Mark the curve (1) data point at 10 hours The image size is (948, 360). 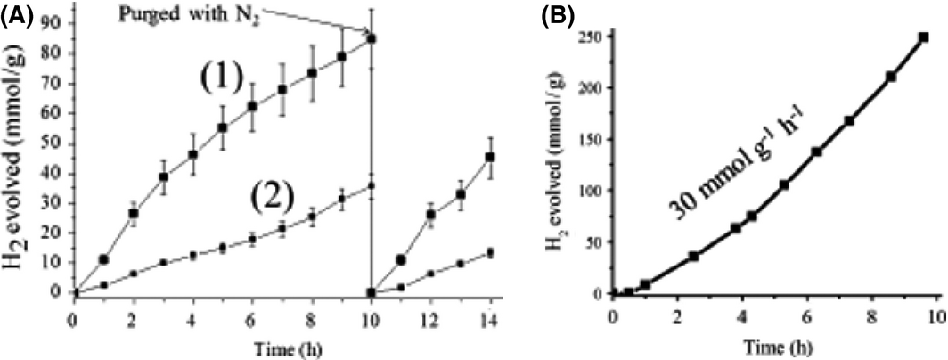371,38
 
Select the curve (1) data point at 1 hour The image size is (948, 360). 104,259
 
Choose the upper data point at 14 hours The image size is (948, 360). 489,157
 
